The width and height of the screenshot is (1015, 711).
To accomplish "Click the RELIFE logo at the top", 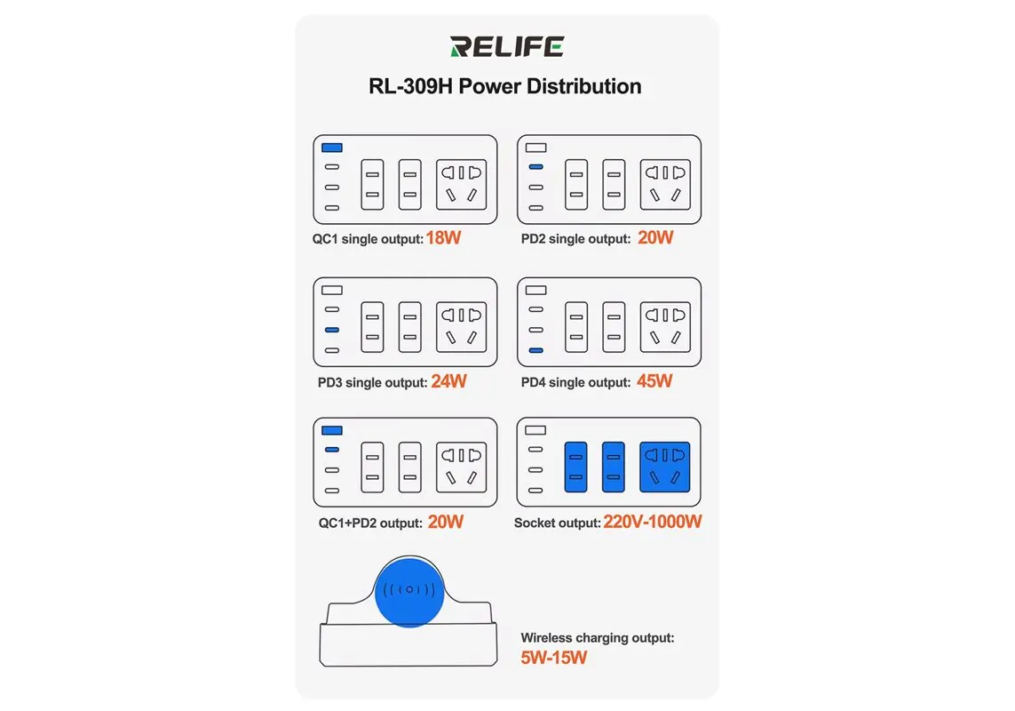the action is [x=507, y=47].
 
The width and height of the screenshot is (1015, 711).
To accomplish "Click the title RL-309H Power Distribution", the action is [x=505, y=86].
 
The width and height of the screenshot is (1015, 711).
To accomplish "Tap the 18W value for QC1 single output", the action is [x=443, y=238].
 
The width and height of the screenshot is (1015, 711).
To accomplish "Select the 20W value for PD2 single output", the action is [x=655, y=238].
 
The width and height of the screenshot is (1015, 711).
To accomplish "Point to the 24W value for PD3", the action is [x=448, y=381].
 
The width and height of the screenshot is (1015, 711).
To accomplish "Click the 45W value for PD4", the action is [x=654, y=381].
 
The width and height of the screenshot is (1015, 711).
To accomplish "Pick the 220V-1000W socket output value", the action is [x=653, y=522].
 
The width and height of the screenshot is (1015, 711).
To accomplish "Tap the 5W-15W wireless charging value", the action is [x=553, y=658].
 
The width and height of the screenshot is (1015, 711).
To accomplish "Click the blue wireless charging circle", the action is [x=409, y=591].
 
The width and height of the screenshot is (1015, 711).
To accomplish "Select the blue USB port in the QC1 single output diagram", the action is [x=332, y=148].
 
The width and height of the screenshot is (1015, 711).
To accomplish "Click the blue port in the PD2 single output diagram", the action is [x=536, y=166].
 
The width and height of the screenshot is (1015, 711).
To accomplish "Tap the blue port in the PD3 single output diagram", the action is [x=332, y=330].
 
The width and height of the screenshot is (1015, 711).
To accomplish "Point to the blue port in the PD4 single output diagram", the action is [x=536, y=351].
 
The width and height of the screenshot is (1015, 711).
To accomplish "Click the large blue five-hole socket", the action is [x=665, y=467].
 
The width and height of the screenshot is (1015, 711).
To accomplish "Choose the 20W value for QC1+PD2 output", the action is [x=446, y=522].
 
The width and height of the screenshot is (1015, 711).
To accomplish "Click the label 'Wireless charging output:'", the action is [x=598, y=638].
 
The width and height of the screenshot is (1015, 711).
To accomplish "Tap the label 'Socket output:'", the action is [x=558, y=523].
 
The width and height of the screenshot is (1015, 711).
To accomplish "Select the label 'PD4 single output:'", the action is [x=575, y=382].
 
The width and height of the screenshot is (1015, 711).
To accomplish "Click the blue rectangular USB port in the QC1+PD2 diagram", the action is [x=332, y=430].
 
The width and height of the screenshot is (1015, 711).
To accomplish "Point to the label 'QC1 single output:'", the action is [x=368, y=239].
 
